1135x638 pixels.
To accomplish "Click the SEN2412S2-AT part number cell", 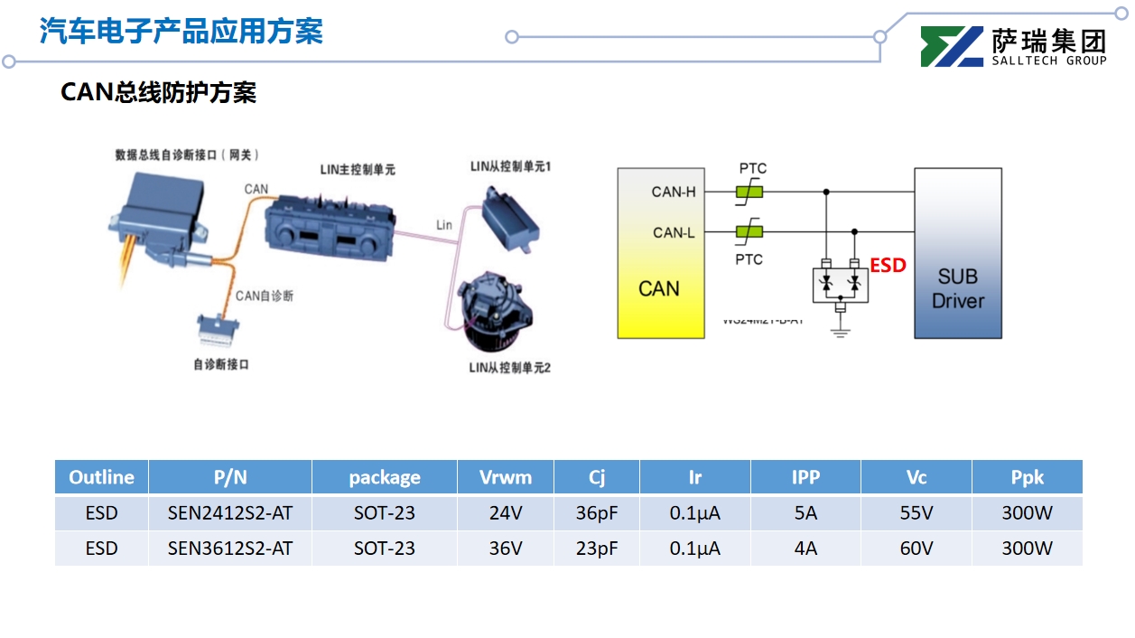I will (x=230, y=513).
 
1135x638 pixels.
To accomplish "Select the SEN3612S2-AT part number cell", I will (x=230, y=549).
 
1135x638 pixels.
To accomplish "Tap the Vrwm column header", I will (x=505, y=477).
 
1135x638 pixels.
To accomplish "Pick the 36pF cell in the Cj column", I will (x=597, y=513).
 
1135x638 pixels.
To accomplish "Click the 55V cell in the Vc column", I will (x=916, y=513).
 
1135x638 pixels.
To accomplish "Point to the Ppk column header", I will (x=1027, y=477).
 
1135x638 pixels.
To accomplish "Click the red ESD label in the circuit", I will (x=888, y=266).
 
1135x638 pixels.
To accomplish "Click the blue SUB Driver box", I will (x=958, y=254).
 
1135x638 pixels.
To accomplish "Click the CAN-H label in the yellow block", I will (x=674, y=192).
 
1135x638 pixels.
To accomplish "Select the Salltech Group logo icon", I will (x=951, y=47).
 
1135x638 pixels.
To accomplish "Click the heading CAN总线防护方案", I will (x=158, y=92).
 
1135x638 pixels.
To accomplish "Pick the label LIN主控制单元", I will (x=358, y=169).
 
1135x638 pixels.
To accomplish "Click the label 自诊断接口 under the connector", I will (x=220, y=365).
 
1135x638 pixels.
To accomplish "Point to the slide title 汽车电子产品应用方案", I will (x=181, y=32).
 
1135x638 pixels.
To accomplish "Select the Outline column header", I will (x=101, y=477).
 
